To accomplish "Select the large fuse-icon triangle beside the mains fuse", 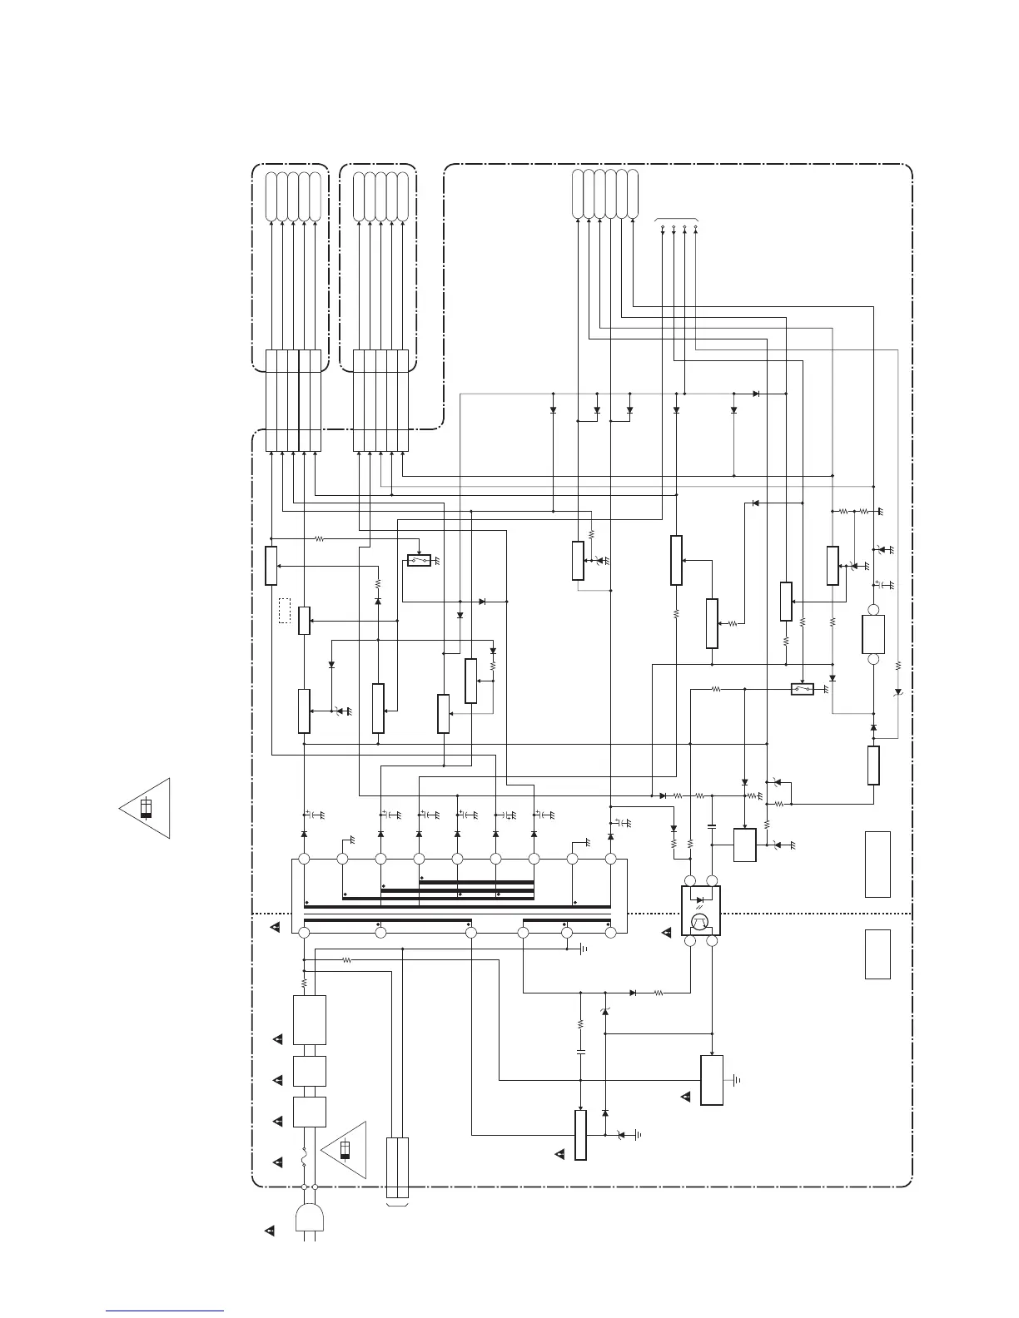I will coord(345,1150).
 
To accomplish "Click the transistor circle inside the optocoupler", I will coord(700,922).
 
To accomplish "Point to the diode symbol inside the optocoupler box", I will coord(700,899).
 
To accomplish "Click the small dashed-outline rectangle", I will coord(285,611).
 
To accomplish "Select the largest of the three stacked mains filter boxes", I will coord(309,1019).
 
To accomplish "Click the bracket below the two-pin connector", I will coord(398,1203).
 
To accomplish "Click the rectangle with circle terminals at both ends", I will coord(873,635).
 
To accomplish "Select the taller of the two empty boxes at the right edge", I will coord(877,864).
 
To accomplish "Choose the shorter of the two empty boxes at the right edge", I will coord(877,954).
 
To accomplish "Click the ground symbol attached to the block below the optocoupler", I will coord(737,1080).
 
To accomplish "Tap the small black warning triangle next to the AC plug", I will coord(270,1230).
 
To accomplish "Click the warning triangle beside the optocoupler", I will coord(667,933).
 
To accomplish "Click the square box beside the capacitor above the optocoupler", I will coord(744,845).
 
